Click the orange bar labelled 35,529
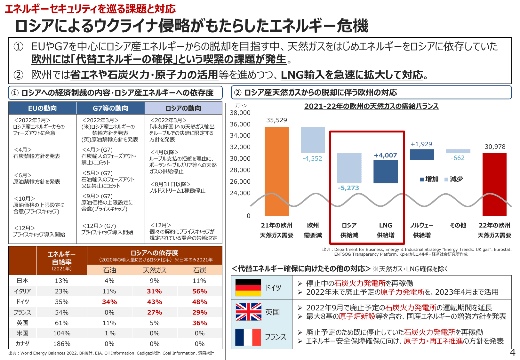276,171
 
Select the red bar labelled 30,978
494,184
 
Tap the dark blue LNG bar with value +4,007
386,172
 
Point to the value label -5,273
348,188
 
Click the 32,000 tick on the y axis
240,147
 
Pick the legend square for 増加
422,180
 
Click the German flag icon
248,287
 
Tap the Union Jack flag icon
248,312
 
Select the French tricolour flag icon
248,337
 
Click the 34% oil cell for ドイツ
109,302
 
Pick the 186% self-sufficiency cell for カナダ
62,344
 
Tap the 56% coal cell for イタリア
199,291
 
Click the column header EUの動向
43,108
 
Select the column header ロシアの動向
183,108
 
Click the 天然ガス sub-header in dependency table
155,270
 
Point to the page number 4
512,353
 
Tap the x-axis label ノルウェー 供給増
422,230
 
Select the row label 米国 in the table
22,333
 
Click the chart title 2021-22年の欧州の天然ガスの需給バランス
371,106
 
